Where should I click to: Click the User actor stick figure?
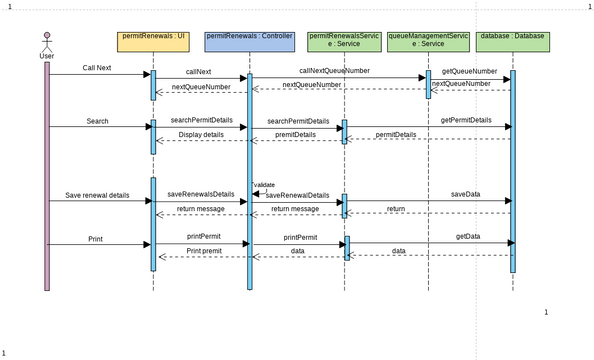(46, 42)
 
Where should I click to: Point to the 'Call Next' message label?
(97, 68)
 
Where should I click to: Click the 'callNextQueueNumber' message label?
(334, 71)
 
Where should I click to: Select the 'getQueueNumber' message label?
(469, 71)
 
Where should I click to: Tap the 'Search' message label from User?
(97, 121)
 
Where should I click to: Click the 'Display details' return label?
(201, 134)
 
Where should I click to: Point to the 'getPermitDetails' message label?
(466, 120)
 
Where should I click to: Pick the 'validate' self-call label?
(265, 185)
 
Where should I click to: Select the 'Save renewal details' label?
(97, 195)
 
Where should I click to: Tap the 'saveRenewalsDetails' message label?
(200, 194)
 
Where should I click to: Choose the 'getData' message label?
(467, 237)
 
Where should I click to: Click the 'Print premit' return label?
(204, 250)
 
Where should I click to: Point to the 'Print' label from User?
(95, 239)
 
